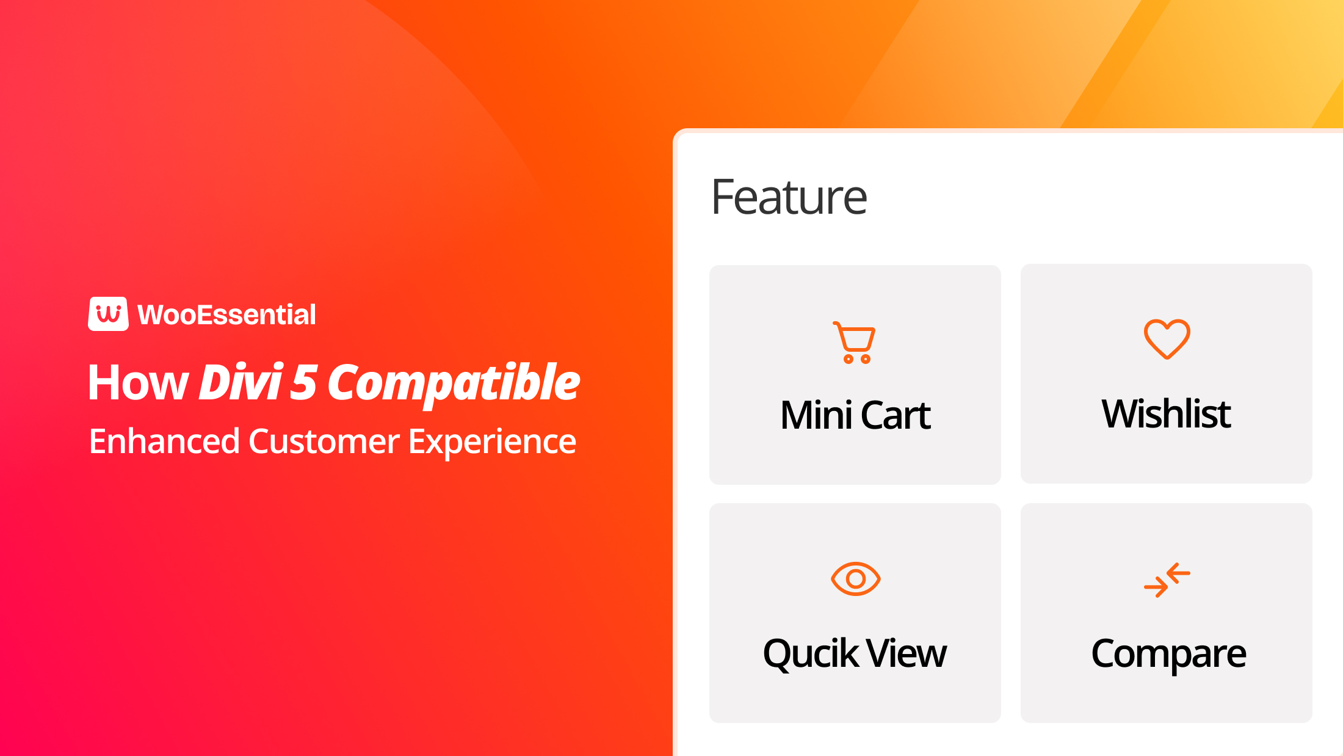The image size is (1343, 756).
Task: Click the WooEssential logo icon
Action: pos(108,314)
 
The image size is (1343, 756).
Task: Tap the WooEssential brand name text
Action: pos(226,315)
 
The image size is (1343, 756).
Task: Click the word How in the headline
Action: pos(138,383)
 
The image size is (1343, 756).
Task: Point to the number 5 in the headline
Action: pos(303,383)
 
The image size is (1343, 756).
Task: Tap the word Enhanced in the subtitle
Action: pos(164,442)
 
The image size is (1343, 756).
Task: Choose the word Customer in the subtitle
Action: pos(324,442)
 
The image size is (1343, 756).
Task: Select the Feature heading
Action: pos(789,197)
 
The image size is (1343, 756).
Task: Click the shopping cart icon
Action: pos(855,343)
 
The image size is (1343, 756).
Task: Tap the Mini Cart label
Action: pos(855,415)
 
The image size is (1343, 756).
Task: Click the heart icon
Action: pos(1167,339)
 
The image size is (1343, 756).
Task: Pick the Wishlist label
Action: pos(1166,414)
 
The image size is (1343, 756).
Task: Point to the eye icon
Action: pos(855,578)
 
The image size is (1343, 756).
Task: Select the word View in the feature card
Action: pos(907,653)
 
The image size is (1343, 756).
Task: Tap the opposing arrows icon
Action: pos(1167,580)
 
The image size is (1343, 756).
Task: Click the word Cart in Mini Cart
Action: pos(896,415)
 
